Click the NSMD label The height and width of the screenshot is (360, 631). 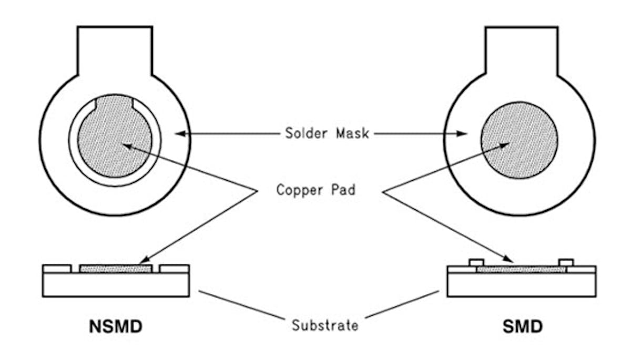coord(115,326)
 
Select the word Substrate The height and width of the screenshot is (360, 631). coord(324,325)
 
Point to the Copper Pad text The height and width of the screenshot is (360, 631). coord(316,189)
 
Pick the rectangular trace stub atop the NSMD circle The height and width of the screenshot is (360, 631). coord(115,50)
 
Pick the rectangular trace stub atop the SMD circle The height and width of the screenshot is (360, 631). coord(521,50)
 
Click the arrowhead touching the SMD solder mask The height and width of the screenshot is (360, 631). coord(463,134)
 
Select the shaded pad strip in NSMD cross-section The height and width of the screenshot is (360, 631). coord(115,269)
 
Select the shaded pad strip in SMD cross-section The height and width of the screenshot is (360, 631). coord(521,270)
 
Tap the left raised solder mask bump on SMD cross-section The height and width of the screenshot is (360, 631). coord(476,262)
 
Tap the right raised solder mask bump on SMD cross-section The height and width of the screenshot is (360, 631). coord(566,262)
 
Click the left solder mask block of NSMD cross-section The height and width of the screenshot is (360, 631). coord(56,269)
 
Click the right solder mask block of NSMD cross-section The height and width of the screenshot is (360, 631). coord(174,269)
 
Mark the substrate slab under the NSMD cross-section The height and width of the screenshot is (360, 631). coord(115,285)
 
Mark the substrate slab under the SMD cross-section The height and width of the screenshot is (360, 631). coord(521,285)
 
